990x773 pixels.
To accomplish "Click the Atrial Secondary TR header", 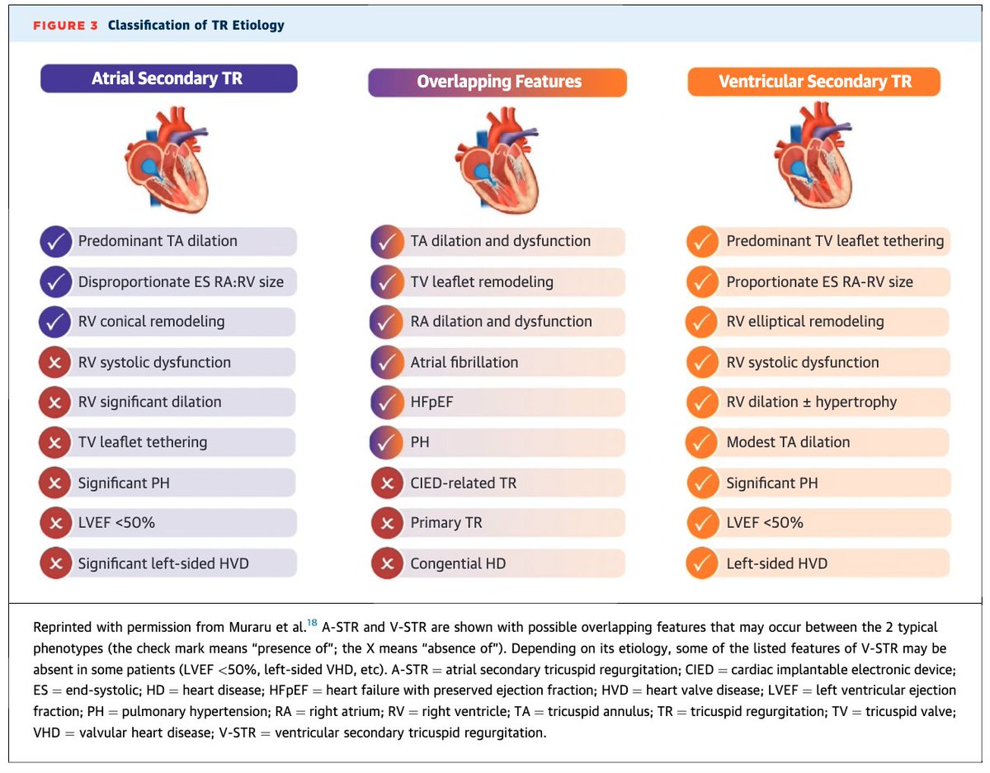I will tap(167, 79).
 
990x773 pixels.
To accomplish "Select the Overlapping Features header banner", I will tap(498, 82).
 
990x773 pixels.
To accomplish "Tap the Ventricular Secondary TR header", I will tap(814, 82).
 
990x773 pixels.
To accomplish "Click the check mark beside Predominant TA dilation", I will tap(54, 242).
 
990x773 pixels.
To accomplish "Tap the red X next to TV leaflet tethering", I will tap(54, 442).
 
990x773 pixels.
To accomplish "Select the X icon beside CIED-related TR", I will tap(386, 483).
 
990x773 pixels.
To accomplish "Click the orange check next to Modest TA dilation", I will tap(701, 442).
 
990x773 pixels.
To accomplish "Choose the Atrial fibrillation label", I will tap(464, 362).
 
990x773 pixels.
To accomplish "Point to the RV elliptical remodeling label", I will tap(804, 322).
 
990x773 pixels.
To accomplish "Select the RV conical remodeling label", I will tap(151, 322).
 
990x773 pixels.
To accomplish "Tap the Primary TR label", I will tap(445, 523).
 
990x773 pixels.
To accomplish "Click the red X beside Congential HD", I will tap(386, 563).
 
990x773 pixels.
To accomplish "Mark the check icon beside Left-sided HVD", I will tap(701, 563).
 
